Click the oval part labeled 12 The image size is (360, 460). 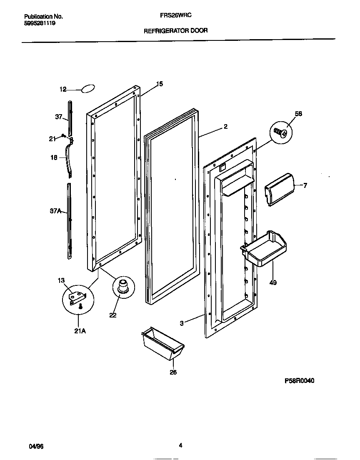pos(88,88)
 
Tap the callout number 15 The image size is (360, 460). pos(159,84)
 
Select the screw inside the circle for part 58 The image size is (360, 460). pos(280,133)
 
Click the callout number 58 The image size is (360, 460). pos(298,114)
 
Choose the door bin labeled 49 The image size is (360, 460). pos(264,249)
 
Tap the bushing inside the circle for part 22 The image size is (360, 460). pos(122,287)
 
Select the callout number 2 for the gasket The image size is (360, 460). pos(225,127)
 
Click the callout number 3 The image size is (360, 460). pos(182,323)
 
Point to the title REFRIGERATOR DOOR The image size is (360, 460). pos(176,30)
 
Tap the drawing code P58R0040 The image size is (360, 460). pos(299,381)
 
